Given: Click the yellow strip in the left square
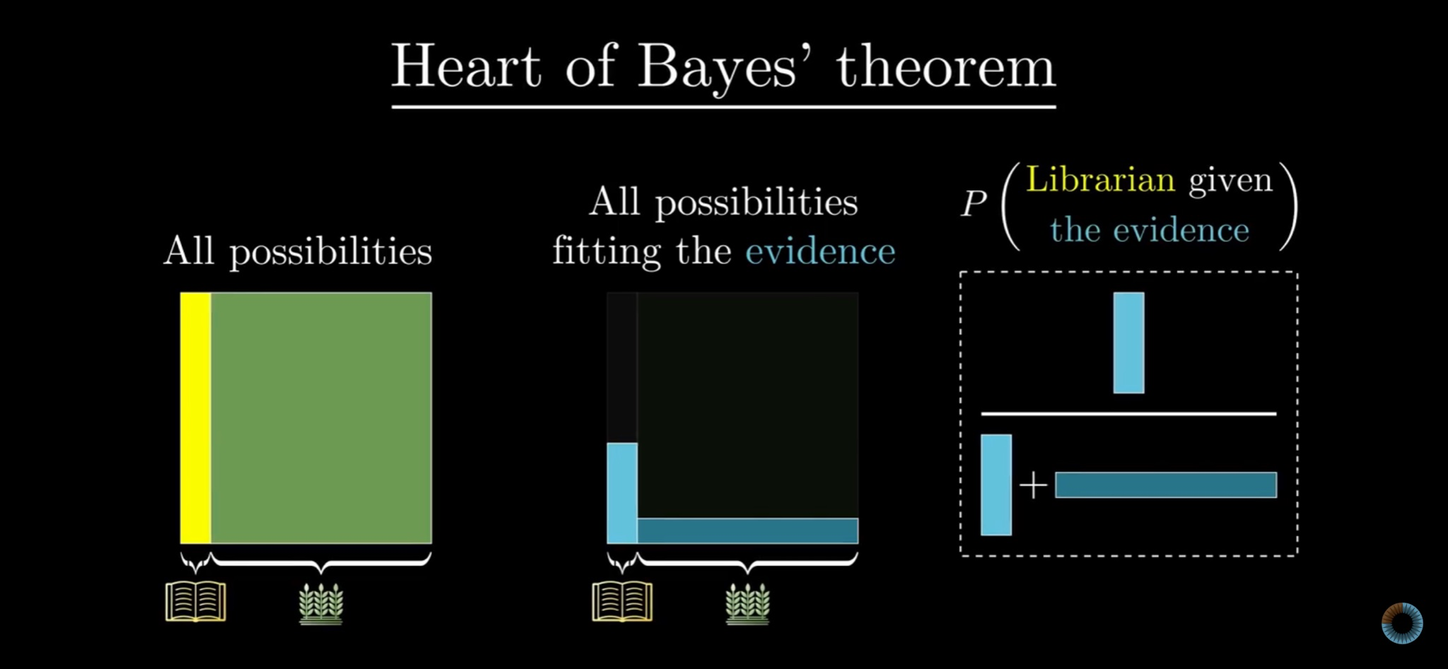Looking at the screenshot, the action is [196, 418].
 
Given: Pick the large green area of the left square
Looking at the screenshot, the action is [322, 418].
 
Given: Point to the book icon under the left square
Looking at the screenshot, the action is [196, 601].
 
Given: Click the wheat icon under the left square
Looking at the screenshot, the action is [321, 603].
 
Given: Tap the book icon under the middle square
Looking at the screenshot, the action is [622, 601].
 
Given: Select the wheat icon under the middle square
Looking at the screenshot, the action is [747, 603].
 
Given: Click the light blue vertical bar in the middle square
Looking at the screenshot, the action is [622, 493].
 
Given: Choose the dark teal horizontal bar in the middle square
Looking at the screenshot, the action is [748, 530].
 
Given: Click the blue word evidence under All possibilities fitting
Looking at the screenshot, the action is [820, 252].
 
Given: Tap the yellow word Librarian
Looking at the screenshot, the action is [1100, 179].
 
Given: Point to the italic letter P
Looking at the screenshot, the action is [974, 204].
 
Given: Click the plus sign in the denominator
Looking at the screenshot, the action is [1033, 485].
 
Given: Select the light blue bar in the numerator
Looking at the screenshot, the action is [1128, 343].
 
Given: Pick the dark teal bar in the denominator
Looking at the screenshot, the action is [1166, 485].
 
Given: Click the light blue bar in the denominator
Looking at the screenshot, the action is [996, 485].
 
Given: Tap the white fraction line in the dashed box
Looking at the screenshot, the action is [1128, 414].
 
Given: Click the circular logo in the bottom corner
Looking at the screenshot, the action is [1402, 623].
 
